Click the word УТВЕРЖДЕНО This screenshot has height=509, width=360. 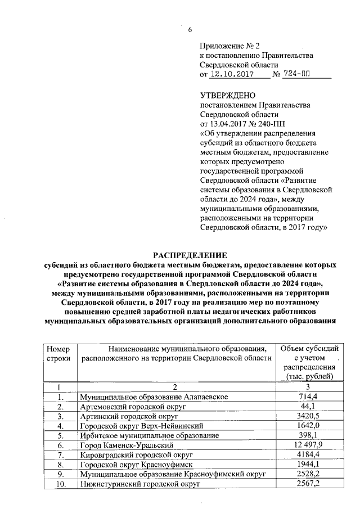[227, 95]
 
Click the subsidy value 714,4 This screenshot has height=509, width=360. [309, 397]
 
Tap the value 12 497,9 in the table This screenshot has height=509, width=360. [309, 445]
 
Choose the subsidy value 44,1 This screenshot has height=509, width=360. [309, 407]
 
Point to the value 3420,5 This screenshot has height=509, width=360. [309, 416]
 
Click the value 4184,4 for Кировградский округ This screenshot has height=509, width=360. [309, 454]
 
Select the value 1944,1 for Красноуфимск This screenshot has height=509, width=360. [309, 464]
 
